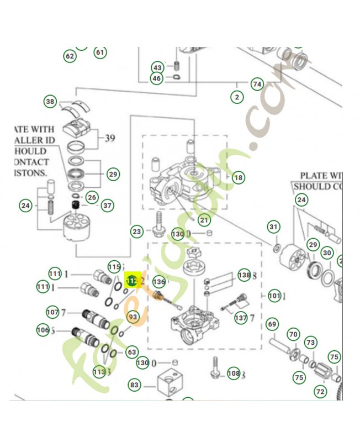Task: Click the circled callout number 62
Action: (70, 56)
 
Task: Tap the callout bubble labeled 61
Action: (100, 52)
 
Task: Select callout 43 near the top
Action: (158, 67)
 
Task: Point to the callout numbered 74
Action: (257, 84)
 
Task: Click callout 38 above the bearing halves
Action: (51, 102)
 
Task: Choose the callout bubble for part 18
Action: (238, 177)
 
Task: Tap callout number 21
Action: (205, 220)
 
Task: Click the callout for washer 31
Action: (273, 227)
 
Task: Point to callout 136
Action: (159, 281)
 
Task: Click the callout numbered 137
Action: (240, 318)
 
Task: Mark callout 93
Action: (133, 317)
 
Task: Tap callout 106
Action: (43, 330)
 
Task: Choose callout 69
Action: (272, 324)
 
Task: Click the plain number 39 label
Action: (110, 138)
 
